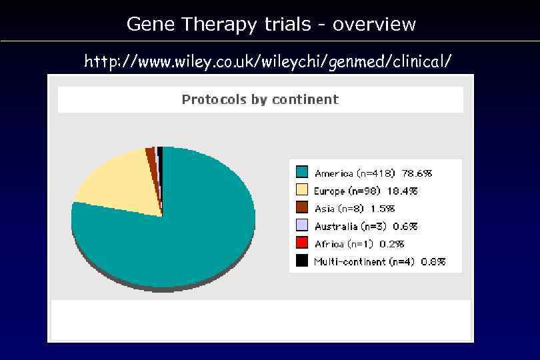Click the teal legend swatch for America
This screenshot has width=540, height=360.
click(302, 173)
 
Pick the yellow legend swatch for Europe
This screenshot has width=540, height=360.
click(302, 191)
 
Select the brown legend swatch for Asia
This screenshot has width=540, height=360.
click(302, 209)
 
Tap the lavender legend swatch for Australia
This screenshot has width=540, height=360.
click(302, 226)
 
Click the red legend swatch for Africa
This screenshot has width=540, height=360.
click(302, 244)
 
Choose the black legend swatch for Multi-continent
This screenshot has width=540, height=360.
click(302, 261)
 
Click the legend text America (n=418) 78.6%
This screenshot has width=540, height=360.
click(373, 173)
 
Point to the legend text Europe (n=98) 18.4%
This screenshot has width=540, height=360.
click(366, 191)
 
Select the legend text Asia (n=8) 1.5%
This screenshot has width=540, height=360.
click(355, 209)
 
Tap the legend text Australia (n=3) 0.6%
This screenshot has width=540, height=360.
click(366, 226)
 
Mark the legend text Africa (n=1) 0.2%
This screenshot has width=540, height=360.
click(359, 244)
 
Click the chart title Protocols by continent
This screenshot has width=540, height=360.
click(260, 99)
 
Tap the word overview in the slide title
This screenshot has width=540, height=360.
click(374, 25)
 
